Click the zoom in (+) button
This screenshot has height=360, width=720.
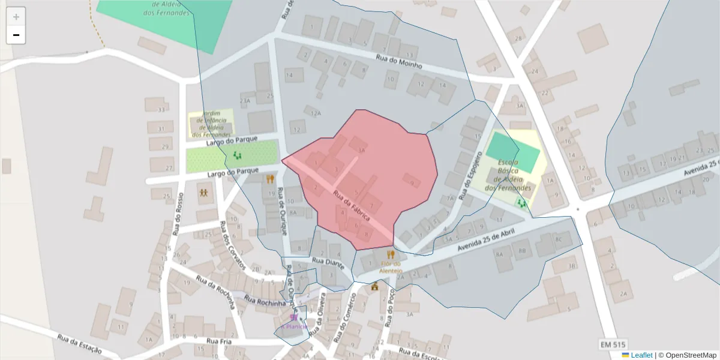[x=16, y=17]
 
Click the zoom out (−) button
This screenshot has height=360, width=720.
[x=16, y=35]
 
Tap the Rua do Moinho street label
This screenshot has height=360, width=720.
[x=399, y=61]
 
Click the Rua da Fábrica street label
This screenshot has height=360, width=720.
[x=352, y=204]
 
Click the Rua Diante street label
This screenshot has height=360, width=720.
[x=328, y=262]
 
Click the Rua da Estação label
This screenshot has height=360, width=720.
[x=80, y=344]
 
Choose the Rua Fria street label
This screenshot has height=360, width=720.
[x=218, y=341]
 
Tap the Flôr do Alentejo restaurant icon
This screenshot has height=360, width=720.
[x=391, y=254]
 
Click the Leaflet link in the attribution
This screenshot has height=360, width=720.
[x=641, y=355]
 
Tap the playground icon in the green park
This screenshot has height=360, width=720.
[x=237, y=156]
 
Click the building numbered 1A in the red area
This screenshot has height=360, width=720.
[x=361, y=151]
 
